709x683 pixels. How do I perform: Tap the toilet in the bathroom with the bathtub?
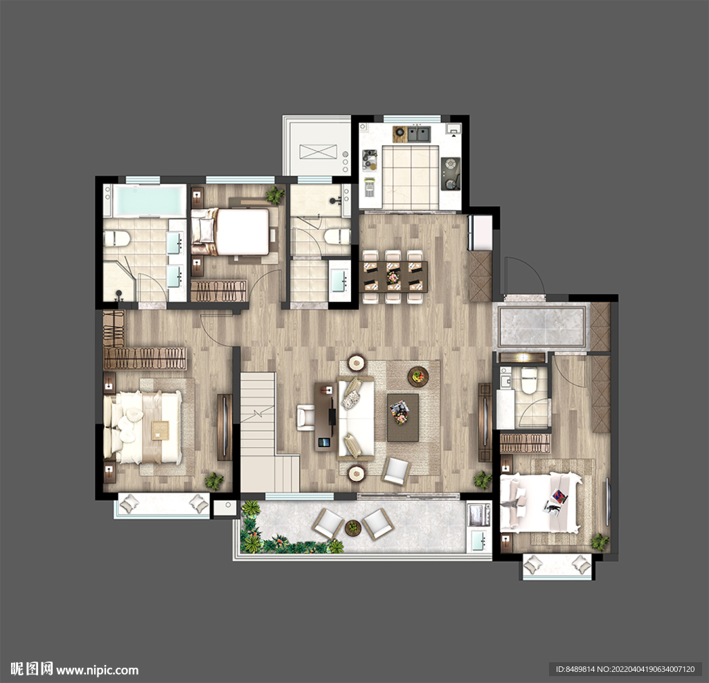116,238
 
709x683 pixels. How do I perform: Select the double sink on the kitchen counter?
419,134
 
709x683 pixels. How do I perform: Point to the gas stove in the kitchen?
450,174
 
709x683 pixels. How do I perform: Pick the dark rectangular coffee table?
403,417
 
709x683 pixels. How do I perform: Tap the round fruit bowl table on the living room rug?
418,376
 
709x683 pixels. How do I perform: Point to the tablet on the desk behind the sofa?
323,441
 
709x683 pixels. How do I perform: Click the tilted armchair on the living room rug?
396,471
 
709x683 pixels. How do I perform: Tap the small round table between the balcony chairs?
353,528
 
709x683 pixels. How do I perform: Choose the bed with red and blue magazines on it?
540,502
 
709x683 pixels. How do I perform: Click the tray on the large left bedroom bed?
159,430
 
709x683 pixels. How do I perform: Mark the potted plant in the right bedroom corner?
600,541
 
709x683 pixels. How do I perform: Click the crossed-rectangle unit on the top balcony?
318,152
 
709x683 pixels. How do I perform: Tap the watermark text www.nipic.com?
97,670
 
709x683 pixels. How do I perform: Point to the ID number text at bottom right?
625,669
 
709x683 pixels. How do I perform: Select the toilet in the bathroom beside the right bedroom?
528,380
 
